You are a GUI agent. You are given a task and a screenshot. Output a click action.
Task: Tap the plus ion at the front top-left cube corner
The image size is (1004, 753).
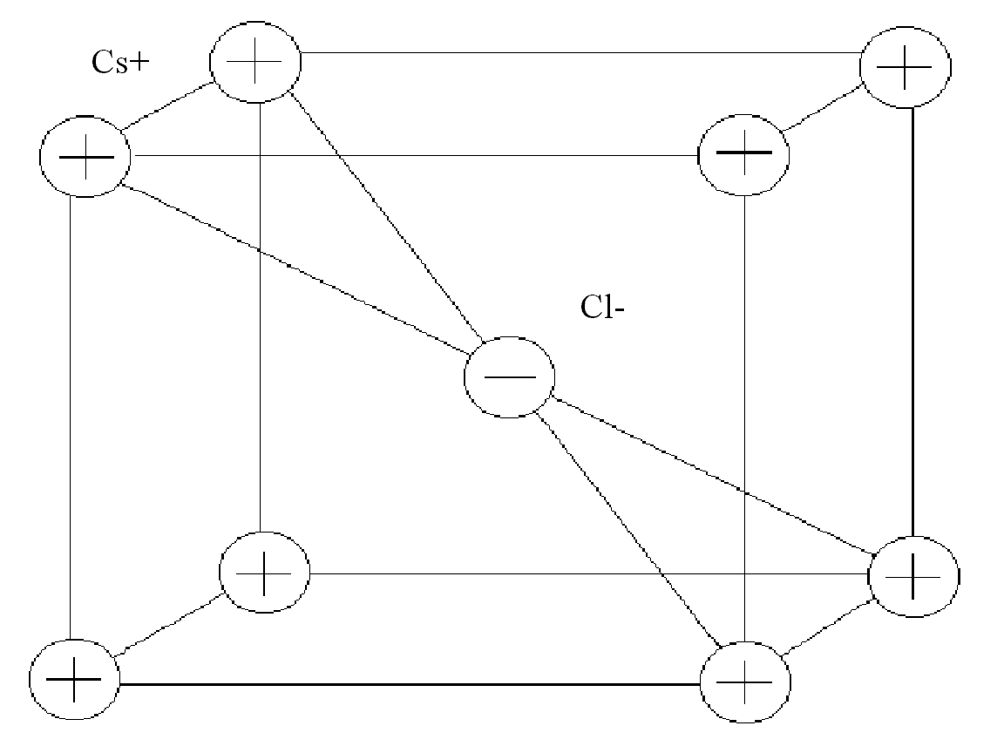coord(85,158)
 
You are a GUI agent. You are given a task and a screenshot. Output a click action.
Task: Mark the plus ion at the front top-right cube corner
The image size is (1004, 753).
coord(743,154)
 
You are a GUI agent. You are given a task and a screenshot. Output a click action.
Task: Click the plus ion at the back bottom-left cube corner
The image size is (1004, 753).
coord(263,573)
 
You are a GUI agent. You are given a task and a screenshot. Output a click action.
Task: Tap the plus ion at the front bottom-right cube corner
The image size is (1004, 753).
coord(746,681)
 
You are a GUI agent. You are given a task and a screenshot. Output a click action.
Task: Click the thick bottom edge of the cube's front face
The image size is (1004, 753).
coord(410,685)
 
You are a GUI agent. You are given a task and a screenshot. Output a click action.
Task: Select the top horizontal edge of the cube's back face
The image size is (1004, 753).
coord(580,53)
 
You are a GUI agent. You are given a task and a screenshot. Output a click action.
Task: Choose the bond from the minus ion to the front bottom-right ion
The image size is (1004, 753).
coord(627,530)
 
